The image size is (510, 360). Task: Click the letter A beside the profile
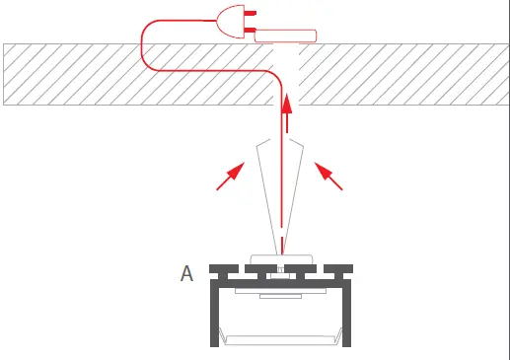[186, 272]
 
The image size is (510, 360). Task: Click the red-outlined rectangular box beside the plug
[286, 37]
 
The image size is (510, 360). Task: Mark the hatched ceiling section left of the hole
[138, 74]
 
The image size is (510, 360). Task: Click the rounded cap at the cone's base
[282, 258]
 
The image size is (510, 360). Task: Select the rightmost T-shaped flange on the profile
[340, 267]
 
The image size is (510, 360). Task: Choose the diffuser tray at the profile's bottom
[282, 337]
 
